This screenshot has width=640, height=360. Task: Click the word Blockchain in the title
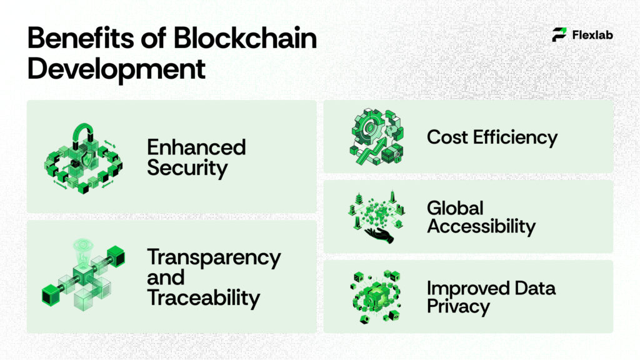coord(245,39)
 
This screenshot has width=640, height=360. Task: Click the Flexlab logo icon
coord(559,34)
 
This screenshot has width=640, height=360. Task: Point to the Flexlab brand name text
coord(592,35)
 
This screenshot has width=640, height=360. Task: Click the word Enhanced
coord(196,147)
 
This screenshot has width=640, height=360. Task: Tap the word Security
coord(187,167)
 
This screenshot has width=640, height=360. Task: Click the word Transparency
coord(214,257)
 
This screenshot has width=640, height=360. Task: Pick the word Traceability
coord(203,297)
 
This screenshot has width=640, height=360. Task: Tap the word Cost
coord(447,136)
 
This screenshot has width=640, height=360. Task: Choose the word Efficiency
coord(514,137)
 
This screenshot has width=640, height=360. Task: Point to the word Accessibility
coord(481,226)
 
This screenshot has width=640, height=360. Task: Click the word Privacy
coord(458,307)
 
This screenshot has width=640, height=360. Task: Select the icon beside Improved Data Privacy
coord(375,297)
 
